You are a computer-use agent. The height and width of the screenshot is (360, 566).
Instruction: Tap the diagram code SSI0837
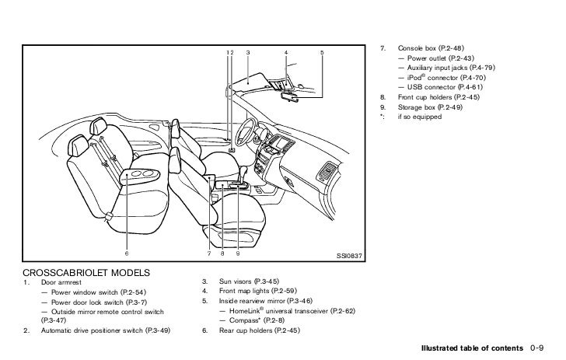(348, 254)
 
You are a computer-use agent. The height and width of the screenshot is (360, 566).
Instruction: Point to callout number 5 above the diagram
(321, 52)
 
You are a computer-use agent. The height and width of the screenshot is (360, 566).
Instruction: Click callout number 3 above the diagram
(247, 52)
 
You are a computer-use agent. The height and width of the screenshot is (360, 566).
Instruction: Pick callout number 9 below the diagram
(237, 253)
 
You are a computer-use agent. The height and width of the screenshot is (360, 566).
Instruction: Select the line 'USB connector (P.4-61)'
(439, 87)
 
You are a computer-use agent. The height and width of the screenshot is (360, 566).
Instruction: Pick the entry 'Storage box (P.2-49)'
(428, 107)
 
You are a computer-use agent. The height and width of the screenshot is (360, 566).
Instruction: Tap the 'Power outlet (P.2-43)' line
(438, 58)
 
